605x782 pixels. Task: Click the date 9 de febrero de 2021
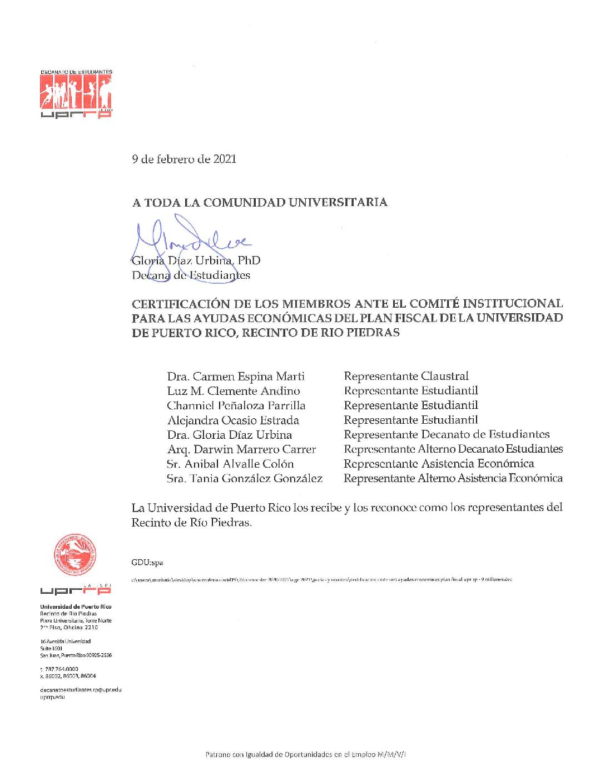point(184,159)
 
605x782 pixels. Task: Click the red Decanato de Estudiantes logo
point(76,94)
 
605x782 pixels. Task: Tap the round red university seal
point(75,554)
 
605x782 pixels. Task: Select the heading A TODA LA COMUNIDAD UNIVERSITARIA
point(260,203)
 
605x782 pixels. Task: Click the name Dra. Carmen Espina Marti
point(236,377)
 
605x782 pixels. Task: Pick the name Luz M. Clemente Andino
point(234,391)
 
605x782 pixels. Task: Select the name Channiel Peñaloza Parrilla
point(236,405)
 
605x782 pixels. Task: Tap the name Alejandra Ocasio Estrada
point(233,420)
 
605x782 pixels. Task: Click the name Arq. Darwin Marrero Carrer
point(241,449)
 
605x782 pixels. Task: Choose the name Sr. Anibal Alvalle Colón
point(230,464)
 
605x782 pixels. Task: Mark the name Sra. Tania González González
point(245,478)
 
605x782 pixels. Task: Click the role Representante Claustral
point(406,377)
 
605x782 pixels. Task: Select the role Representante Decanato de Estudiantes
point(447,435)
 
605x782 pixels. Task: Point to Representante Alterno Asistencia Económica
point(453,478)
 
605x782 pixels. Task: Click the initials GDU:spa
point(147,563)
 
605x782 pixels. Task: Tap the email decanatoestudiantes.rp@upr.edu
point(81,690)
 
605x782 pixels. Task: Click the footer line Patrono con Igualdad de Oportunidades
point(306,754)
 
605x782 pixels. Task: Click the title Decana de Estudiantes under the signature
point(191,275)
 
